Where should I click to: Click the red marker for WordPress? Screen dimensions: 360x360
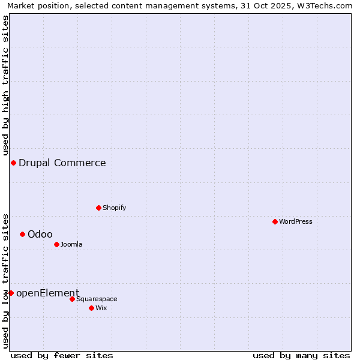[275, 221]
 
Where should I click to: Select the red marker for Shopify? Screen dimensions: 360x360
[98, 208]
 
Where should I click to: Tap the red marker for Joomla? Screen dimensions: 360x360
[56, 244]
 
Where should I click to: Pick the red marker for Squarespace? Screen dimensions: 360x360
[72, 299]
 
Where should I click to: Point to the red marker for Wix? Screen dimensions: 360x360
[91, 308]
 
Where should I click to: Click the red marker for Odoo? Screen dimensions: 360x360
[22, 234]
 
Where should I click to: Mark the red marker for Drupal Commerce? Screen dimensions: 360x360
[13, 163]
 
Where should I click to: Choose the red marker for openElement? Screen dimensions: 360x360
[11, 293]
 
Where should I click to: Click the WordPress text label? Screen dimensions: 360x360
[296, 221]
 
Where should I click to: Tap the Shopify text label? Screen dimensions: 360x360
[114, 208]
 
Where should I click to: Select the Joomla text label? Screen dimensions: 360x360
[71, 244]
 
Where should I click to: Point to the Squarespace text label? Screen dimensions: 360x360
[97, 299]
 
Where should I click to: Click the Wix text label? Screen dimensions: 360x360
[101, 308]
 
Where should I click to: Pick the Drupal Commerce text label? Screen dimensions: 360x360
[62, 163]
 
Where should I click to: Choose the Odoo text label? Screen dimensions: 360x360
[40, 234]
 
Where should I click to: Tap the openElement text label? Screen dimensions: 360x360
[47, 293]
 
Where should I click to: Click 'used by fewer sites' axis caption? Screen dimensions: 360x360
[62, 355]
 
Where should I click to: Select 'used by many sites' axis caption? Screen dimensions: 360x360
[301, 355]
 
